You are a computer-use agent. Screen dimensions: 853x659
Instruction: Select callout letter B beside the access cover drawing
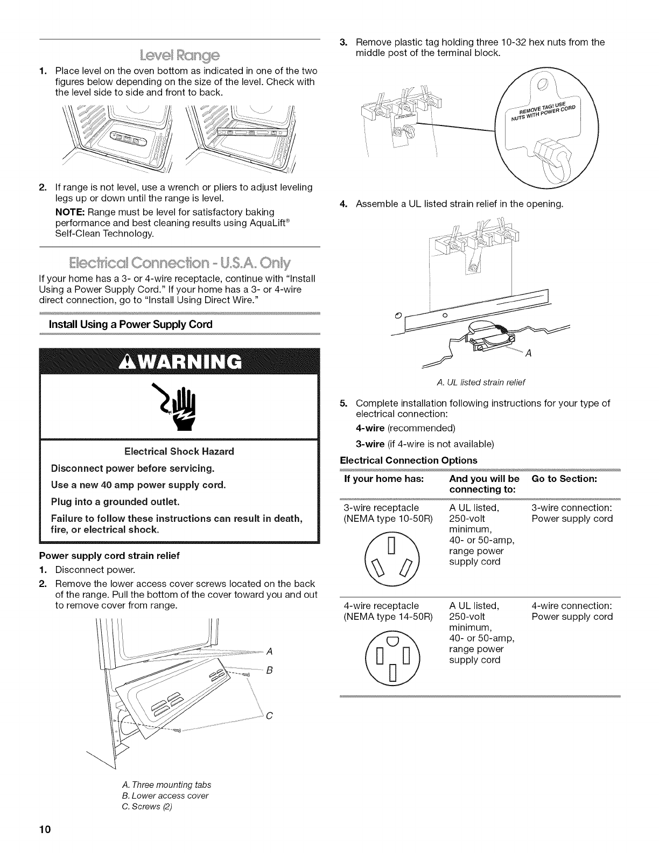click(270, 670)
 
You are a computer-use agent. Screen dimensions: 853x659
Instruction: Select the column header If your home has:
click(383, 479)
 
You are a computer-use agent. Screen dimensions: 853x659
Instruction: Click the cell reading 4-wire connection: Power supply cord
click(572, 611)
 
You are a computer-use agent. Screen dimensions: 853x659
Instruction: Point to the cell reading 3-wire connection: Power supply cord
click(572, 513)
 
